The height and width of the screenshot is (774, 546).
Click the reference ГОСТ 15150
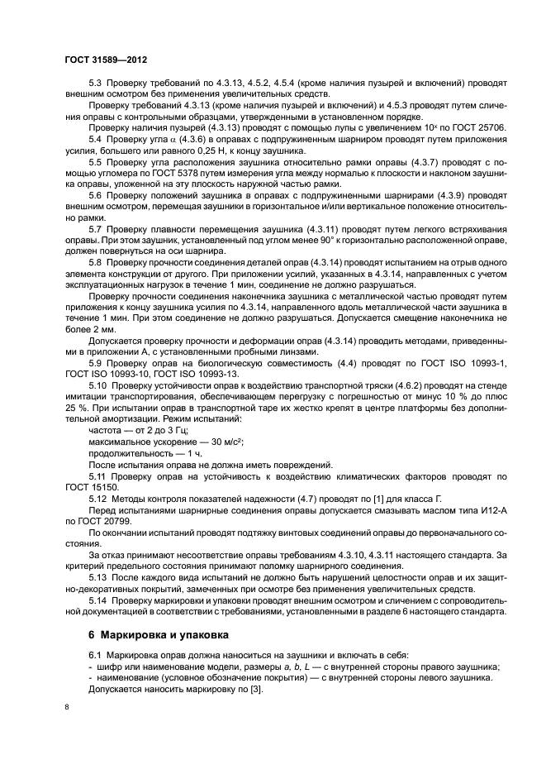click(x=84, y=490)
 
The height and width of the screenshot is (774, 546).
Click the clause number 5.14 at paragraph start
click(x=99, y=598)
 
